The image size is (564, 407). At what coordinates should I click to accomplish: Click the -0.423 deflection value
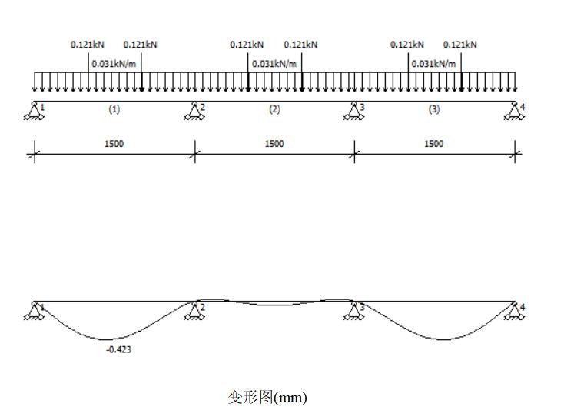tap(118, 349)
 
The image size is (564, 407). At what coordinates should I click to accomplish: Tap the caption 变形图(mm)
tap(267, 397)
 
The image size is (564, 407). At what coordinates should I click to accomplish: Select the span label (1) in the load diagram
tap(114, 109)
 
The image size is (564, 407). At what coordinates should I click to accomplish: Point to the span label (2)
tap(274, 109)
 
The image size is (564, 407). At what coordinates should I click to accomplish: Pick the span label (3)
tap(434, 109)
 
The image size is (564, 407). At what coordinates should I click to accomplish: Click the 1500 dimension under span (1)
tap(114, 144)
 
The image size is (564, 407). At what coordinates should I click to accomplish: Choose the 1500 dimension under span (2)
tap(274, 144)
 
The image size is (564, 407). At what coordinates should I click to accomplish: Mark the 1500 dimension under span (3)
tap(434, 144)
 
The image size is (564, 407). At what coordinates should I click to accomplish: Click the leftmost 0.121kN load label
tap(88, 45)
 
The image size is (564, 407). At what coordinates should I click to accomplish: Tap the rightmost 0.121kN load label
tap(460, 45)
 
